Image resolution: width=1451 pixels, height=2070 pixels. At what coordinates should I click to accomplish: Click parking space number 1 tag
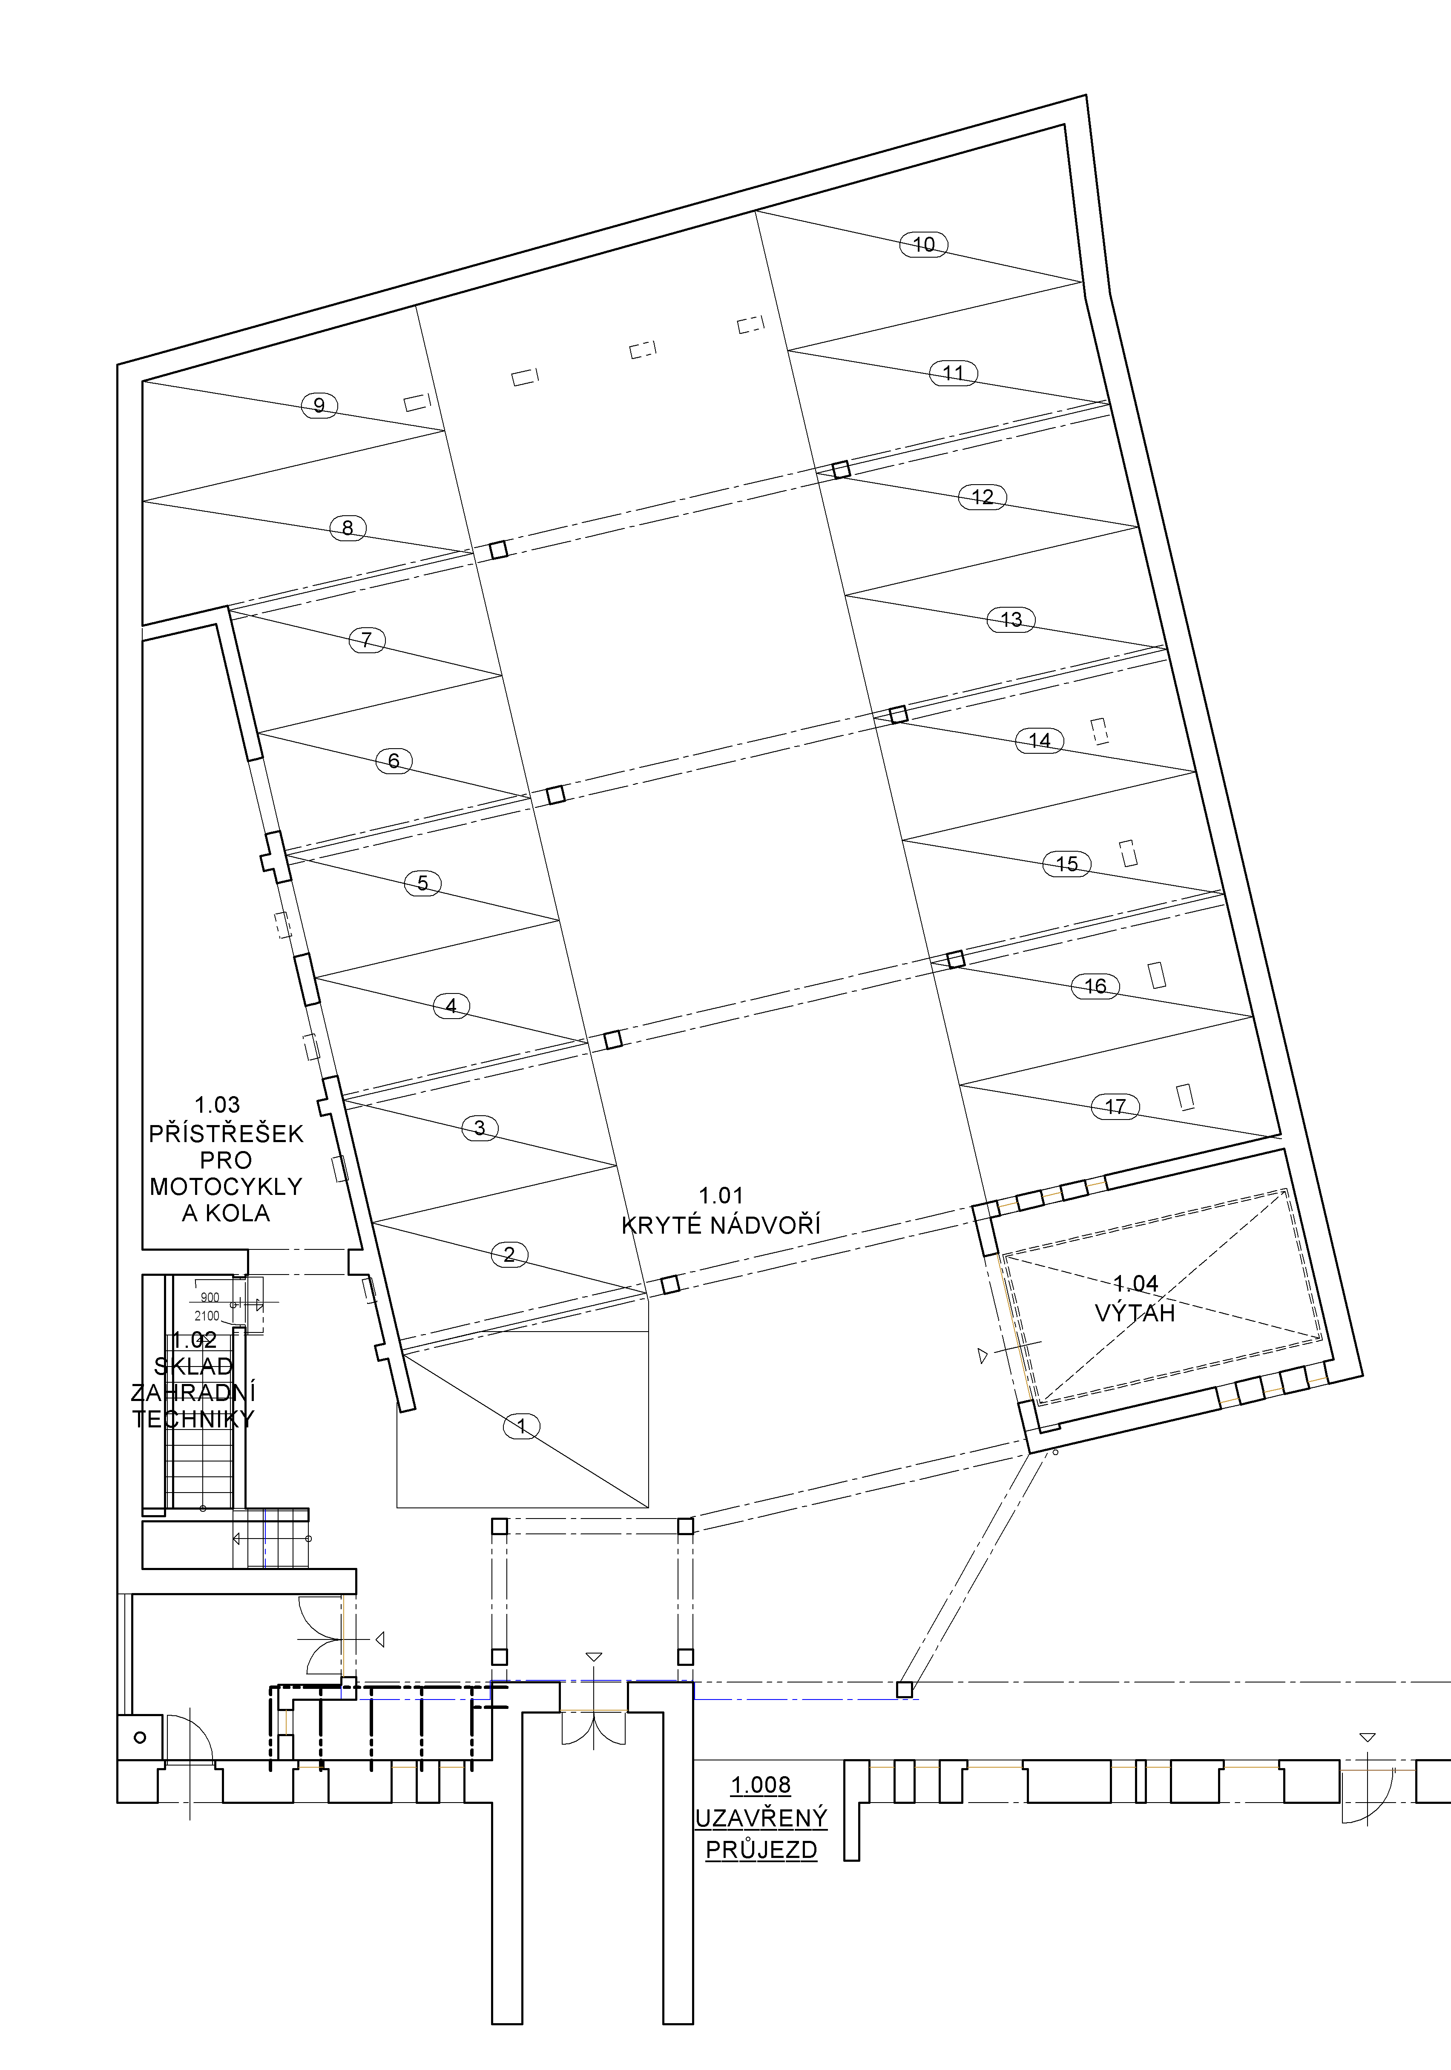click(521, 1425)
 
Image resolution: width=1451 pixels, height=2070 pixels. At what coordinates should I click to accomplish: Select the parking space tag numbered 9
click(319, 406)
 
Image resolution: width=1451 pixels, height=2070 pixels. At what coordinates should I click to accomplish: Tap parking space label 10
click(923, 244)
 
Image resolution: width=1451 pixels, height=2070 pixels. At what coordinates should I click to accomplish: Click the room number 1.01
click(721, 1195)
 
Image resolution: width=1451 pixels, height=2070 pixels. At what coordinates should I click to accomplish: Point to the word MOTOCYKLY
click(225, 1186)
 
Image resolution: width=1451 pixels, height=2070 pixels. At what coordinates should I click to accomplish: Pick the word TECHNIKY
click(194, 1419)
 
